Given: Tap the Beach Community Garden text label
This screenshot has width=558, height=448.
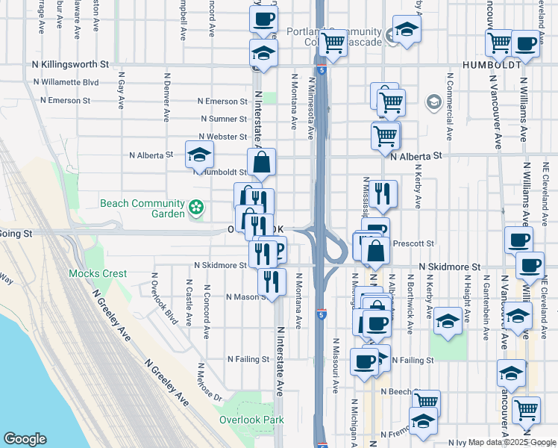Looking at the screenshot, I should pos(142,208).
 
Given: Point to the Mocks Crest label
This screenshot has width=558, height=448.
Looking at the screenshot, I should pos(98,273).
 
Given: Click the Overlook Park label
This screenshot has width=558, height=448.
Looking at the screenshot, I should pos(251,420).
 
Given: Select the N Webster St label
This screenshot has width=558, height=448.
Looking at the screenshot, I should pos(222,137).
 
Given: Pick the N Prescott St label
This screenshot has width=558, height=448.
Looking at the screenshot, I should pos(413,243).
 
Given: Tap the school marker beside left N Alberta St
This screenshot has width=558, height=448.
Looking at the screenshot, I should pos(199,155).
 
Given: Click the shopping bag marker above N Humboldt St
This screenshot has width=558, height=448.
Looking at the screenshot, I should pos(262,162).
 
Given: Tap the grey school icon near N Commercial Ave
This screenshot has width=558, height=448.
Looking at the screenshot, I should pos(433,101).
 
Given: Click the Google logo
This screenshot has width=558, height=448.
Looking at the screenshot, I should pos(25,438).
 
